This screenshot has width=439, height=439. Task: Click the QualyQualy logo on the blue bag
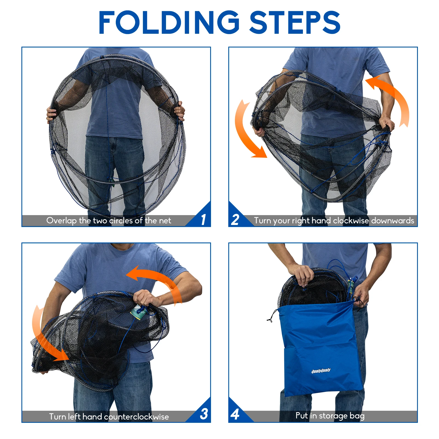coord(321,371)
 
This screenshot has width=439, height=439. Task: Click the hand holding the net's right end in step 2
coord(386,123)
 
